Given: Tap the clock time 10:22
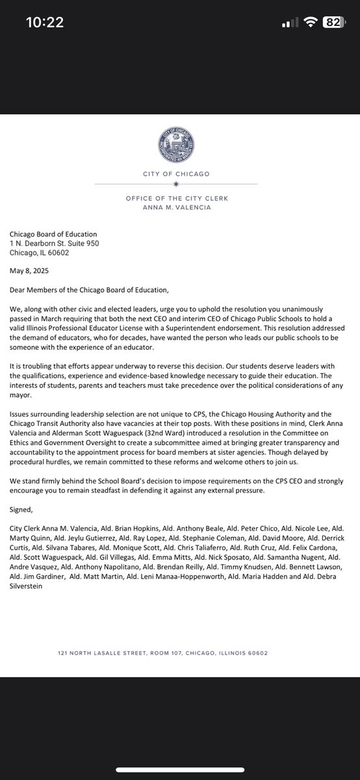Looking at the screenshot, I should point(45,22).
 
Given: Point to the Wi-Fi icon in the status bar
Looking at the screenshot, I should point(311,22).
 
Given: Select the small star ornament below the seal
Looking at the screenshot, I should point(175,185).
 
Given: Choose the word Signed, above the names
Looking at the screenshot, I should point(23,511).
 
